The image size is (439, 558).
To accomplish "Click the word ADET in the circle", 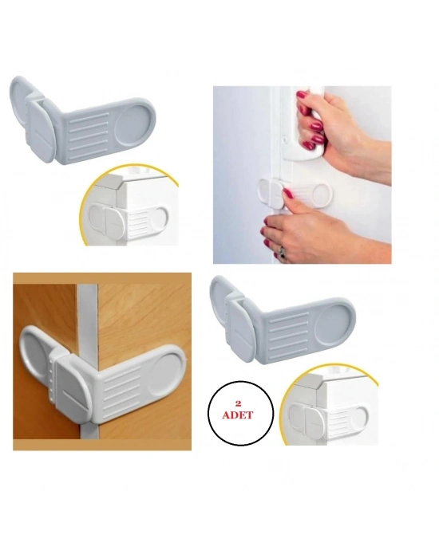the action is pos(238,415).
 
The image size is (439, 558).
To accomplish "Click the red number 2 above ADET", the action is pos(238,404).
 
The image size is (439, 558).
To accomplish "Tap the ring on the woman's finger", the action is pos(282,252).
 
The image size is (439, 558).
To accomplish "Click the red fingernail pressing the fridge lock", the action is pos(287,194).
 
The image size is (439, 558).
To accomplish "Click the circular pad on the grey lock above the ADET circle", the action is pos(333,325).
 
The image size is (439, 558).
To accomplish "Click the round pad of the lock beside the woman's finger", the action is pos(322,193).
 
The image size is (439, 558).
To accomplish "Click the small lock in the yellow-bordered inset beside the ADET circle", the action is pos(327,419).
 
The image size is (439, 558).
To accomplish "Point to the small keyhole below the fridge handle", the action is pos(286,139).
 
